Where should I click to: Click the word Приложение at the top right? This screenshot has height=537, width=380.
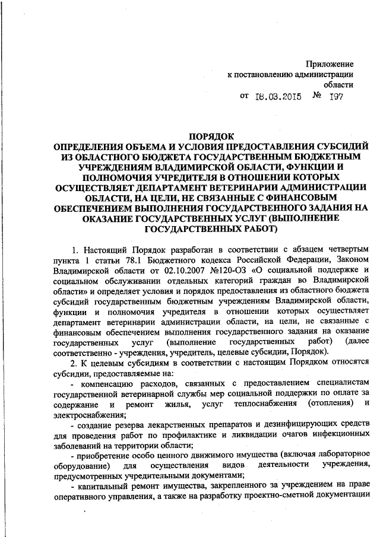(330, 63)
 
